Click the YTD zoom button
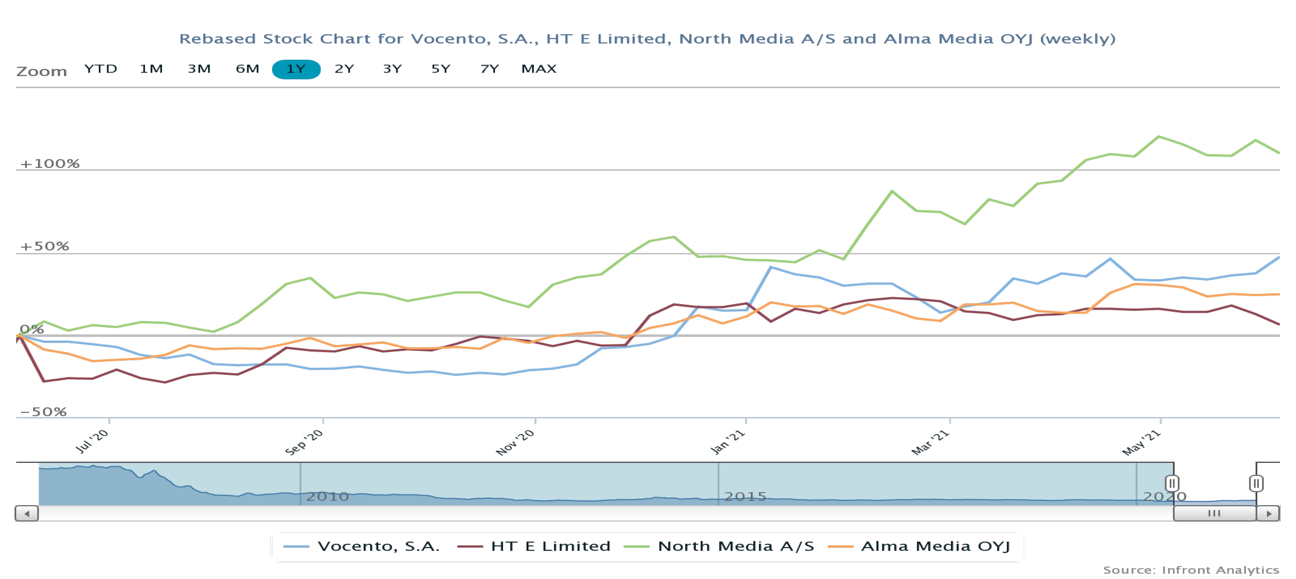click(101, 69)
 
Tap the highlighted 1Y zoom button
click(296, 69)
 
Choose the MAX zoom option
click(539, 69)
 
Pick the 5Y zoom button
click(441, 69)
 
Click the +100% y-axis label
click(50, 164)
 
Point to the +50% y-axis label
click(44, 246)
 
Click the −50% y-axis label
click(43, 412)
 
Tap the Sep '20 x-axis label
click(304, 442)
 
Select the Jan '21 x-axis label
click(727, 442)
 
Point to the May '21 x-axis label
click(1141, 443)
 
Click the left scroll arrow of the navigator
click(27, 514)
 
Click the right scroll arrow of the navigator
click(1268, 514)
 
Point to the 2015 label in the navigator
click(745, 496)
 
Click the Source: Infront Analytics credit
click(1191, 570)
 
